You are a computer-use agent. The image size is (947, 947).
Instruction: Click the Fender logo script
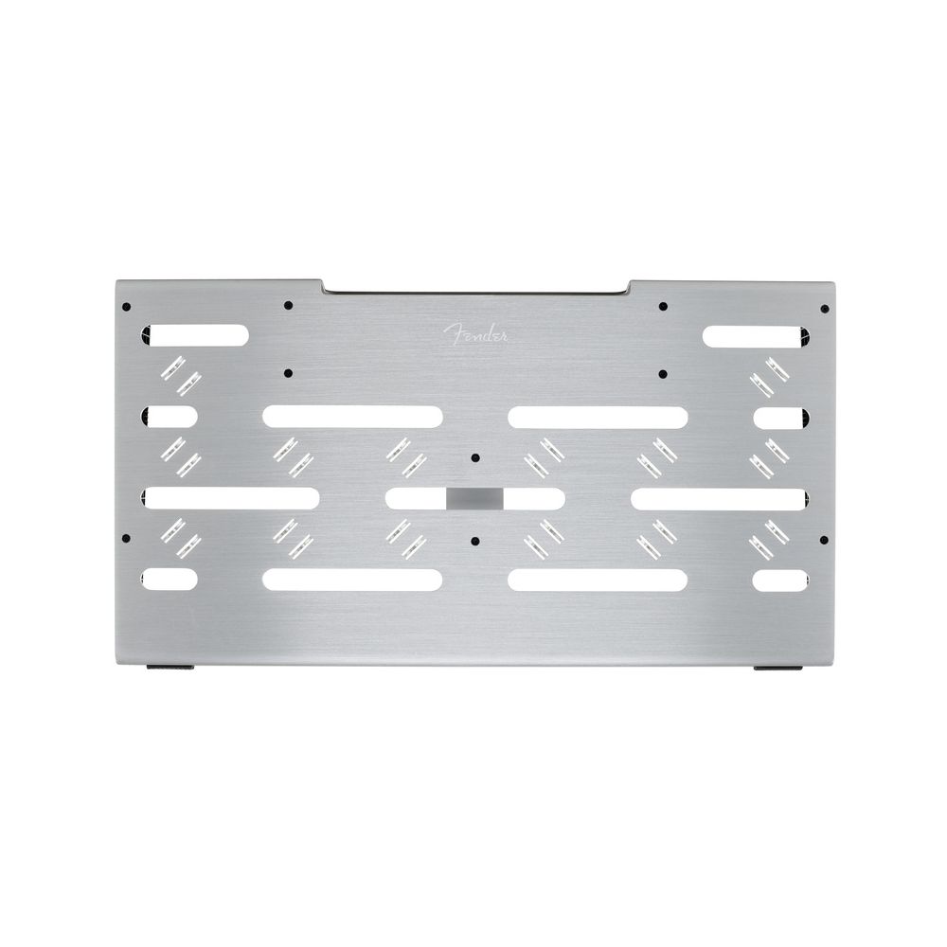[x=478, y=333]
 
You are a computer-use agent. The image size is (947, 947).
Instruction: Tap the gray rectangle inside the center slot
[x=475, y=498]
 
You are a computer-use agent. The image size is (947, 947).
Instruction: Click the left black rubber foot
[x=172, y=669]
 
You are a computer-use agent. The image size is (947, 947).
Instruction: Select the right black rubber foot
[x=777, y=669]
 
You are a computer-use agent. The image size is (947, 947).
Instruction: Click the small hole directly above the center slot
[x=475, y=457]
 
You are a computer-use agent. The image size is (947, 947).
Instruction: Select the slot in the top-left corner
[x=196, y=334]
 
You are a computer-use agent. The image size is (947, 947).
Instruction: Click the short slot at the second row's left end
[x=171, y=416]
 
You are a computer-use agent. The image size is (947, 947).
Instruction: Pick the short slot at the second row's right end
[x=779, y=416]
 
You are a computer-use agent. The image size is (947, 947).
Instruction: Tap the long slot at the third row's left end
[x=231, y=498]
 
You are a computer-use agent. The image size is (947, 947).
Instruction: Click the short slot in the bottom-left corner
[x=171, y=580]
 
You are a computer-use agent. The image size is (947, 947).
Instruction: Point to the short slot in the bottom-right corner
[x=779, y=580]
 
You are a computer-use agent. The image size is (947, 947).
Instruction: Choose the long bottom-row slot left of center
[x=352, y=580]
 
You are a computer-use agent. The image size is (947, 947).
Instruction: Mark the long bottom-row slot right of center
[x=598, y=580]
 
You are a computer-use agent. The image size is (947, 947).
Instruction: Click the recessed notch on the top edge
[x=475, y=286]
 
